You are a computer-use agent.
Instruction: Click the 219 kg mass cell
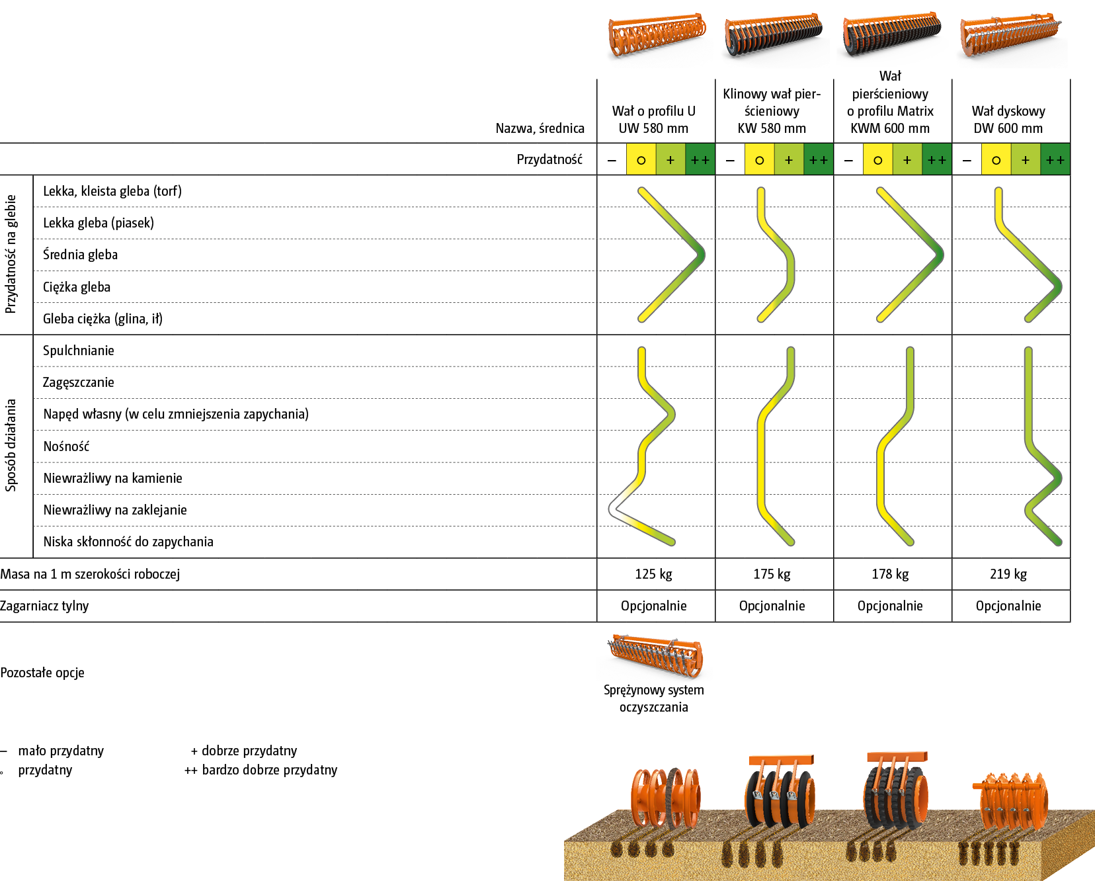click(1008, 574)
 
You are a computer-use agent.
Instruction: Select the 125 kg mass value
click(653, 574)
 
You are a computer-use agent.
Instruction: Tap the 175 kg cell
click(772, 574)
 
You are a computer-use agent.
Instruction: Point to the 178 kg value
click(890, 574)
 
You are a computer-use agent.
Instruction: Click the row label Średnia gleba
click(80, 255)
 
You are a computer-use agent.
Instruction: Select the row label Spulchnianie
click(78, 351)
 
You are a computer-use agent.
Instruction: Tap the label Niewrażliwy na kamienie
click(112, 478)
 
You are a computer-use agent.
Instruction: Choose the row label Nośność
click(66, 446)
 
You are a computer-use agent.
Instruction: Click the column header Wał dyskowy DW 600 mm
click(1008, 120)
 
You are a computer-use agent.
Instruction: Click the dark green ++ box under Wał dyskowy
click(1055, 160)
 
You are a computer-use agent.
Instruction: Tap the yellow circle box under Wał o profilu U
click(641, 160)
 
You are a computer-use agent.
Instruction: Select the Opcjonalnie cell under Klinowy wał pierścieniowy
click(772, 606)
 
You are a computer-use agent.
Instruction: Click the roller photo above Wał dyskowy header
click(1010, 40)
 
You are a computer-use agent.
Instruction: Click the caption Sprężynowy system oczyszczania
click(653, 698)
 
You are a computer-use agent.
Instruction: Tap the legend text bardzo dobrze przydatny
click(269, 770)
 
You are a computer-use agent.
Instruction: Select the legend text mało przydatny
click(60, 751)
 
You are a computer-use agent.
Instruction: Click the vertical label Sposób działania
click(11, 445)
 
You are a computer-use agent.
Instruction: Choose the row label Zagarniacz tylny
click(44, 606)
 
